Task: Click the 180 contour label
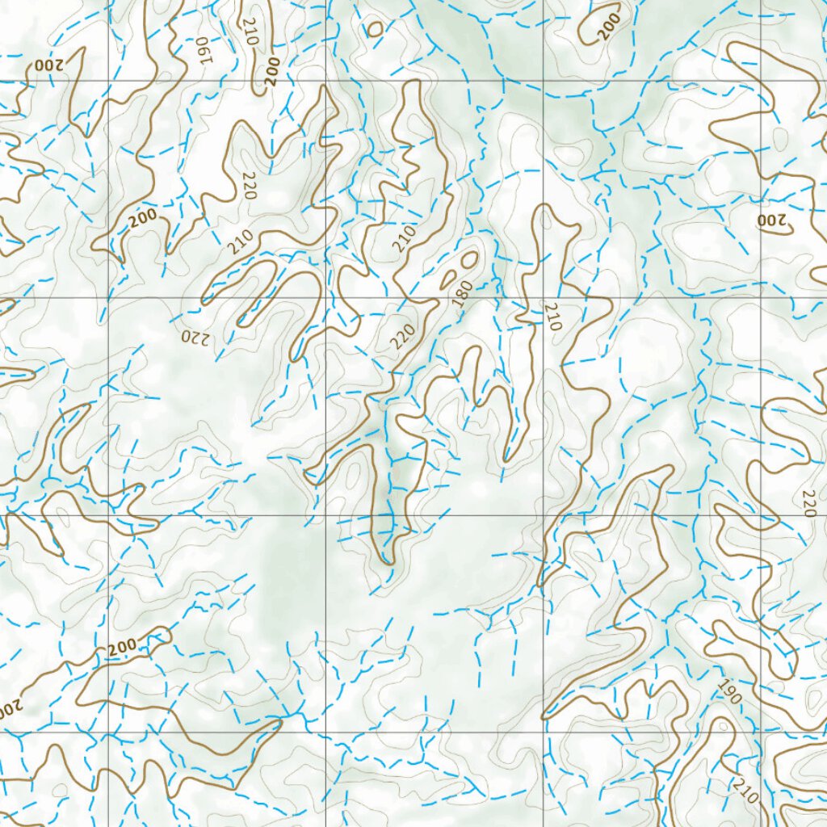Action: point(463,293)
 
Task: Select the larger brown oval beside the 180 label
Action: point(468,259)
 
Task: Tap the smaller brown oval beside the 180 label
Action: point(448,279)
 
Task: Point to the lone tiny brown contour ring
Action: point(374,29)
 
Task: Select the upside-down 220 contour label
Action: point(195,337)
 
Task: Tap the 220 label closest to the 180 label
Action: point(403,335)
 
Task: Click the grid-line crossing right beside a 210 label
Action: point(544,298)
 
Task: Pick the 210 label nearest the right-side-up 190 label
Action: point(746,791)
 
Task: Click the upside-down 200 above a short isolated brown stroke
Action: point(771,220)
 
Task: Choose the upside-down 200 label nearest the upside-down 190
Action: point(48,65)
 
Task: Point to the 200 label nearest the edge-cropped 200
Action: point(123,647)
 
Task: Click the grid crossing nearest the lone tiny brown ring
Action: point(326,81)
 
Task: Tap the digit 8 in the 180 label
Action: point(463,293)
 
